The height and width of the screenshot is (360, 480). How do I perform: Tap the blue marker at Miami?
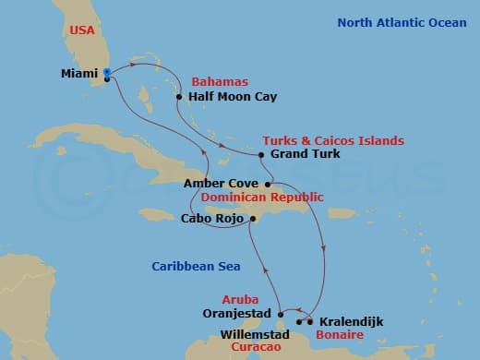[107, 72]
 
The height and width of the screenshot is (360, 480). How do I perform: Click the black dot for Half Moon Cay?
[178, 95]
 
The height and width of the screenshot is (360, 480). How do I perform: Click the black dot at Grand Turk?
[262, 154]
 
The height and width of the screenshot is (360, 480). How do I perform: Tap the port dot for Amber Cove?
[267, 184]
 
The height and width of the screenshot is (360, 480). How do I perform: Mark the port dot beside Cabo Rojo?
[251, 219]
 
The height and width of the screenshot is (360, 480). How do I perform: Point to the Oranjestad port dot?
[280, 314]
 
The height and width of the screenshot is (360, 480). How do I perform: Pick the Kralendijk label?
[351, 322]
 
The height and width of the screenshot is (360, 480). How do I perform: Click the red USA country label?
[83, 30]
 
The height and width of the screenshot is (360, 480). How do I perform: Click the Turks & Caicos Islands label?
[333, 140]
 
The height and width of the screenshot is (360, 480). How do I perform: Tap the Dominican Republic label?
[261, 198]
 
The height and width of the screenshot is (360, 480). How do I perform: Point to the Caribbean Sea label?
[196, 267]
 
